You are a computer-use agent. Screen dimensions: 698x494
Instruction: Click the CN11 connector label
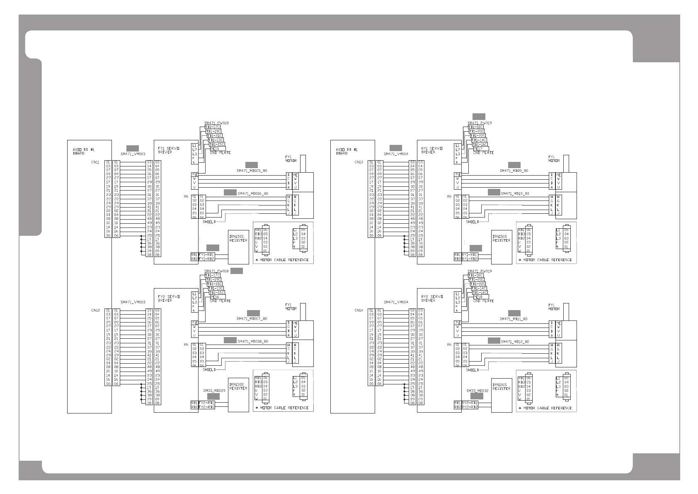(x=95, y=162)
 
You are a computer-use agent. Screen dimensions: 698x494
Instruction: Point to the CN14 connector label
(x=359, y=310)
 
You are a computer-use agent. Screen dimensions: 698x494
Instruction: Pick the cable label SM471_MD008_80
(x=253, y=342)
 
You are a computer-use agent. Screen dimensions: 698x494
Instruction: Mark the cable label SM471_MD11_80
(x=514, y=319)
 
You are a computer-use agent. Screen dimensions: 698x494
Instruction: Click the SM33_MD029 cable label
(x=214, y=391)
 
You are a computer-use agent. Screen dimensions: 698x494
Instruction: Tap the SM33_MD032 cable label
(x=477, y=391)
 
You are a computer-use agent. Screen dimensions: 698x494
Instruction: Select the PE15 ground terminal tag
(x=215, y=149)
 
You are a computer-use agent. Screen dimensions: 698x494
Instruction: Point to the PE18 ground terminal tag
(x=477, y=297)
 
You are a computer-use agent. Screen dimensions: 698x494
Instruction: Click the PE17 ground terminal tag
(x=477, y=149)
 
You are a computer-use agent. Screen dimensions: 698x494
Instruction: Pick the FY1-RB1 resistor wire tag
(x=206, y=254)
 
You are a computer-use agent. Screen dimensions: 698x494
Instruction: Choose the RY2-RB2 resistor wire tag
(x=470, y=407)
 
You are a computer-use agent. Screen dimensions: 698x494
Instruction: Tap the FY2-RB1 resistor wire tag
(x=206, y=403)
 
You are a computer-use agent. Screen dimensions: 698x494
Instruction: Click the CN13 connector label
(x=359, y=162)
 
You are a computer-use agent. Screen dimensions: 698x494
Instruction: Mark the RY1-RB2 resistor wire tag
(x=470, y=259)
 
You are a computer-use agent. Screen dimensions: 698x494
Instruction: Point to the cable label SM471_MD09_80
(x=514, y=171)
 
